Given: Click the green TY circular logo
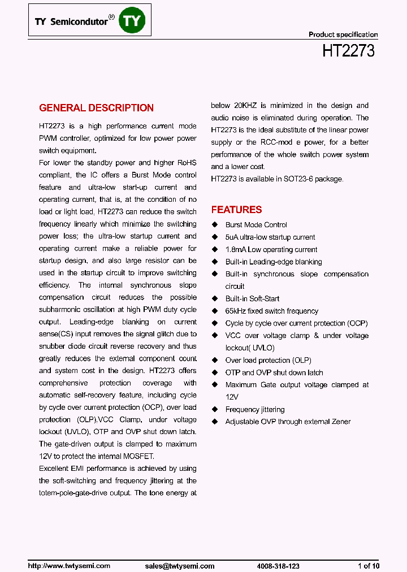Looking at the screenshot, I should tap(134, 21).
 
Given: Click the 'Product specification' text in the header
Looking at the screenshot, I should tap(343, 34).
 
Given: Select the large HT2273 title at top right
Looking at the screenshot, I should tap(348, 51).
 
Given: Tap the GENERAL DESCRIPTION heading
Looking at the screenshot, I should tap(96, 108).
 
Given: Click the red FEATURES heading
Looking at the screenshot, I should tap(236, 210).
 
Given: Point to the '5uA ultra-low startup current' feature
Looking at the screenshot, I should tap(270, 237).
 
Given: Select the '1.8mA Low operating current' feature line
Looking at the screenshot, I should tap(271, 250).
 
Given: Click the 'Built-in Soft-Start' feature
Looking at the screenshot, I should tap(252, 299).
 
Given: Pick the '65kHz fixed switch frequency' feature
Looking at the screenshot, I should tap(271, 311).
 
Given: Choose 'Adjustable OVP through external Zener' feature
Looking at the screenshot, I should tap(288, 422).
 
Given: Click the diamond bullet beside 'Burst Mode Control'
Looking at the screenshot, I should tap(214, 225).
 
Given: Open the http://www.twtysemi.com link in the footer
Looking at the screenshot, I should tap(69, 566).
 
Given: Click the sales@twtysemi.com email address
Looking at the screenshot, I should tap(180, 566).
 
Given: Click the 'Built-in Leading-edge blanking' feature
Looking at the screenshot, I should tap(274, 262).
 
